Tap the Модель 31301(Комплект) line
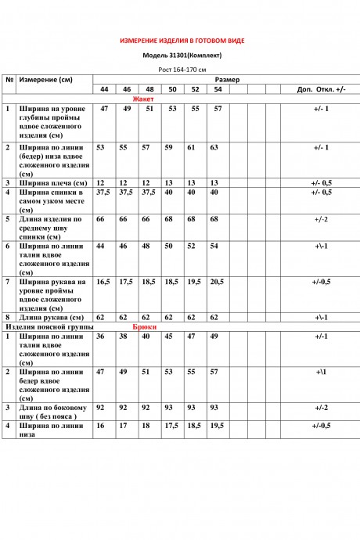[x=182, y=56]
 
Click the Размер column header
[x=227, y=80]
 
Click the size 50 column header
[x=171, y=90]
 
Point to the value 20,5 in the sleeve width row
[x=216, y=281]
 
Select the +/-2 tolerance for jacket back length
[x=321, y=219]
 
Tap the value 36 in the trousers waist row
[x=100, y=336]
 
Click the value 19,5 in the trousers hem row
[x=216, y=426]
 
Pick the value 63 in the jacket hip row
[x=213, y=147]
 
